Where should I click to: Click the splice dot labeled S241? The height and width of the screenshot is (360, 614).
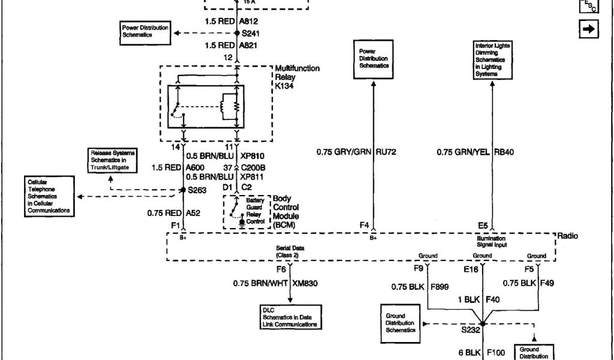[x=237, y=34]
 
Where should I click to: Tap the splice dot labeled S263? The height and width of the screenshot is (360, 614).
[x=183, y=190]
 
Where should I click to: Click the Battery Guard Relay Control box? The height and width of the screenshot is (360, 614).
[x=246, y=212]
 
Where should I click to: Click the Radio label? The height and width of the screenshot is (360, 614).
[x=568, y=236]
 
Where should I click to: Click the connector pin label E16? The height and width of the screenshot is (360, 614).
[x=472, y=270]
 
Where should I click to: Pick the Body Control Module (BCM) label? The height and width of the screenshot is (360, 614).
[x=285, y=212]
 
